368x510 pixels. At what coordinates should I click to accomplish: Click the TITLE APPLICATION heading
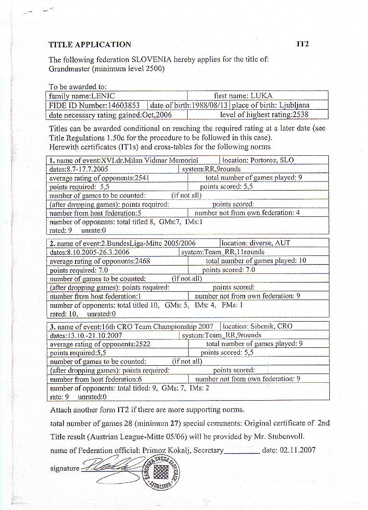coord(90,45)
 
